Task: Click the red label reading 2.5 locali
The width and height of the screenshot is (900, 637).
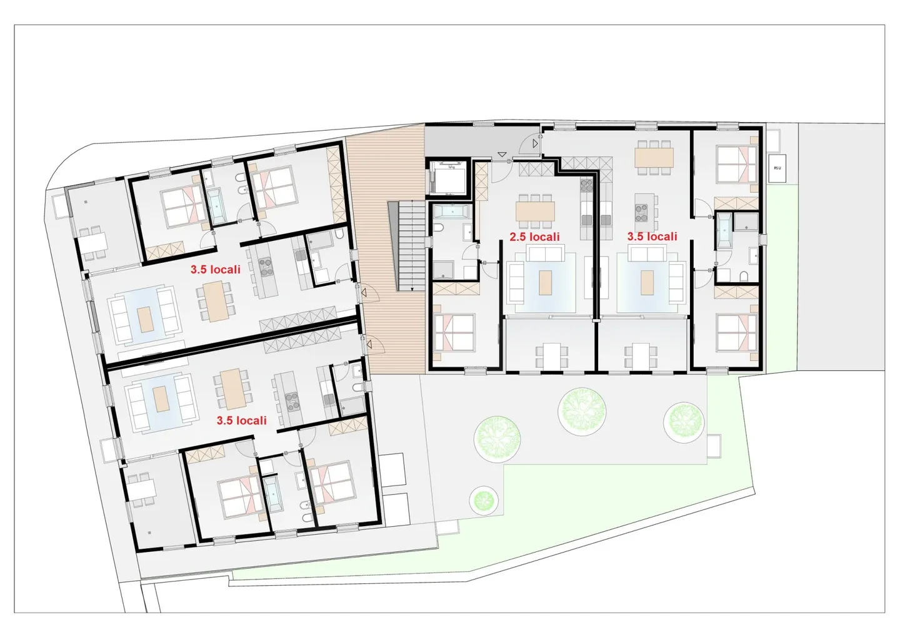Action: (534, 237)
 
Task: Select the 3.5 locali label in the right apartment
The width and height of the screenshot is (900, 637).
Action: (652, 237)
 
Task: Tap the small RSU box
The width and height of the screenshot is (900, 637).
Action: (777, 168)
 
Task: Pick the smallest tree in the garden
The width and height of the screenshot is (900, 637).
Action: (483, 500)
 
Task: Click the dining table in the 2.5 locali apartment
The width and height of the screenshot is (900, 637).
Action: (535, 211)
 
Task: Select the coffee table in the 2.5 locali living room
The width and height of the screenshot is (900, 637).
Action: (546, 282)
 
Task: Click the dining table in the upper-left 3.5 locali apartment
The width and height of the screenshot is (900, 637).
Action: (216, 301)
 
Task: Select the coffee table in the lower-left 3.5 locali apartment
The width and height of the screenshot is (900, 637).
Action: (161, 399)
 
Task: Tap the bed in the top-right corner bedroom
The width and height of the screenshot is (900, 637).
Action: (736, 164)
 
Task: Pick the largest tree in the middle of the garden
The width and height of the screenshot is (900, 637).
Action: (582, 410)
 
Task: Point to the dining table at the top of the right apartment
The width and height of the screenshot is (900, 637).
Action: (654, 156)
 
